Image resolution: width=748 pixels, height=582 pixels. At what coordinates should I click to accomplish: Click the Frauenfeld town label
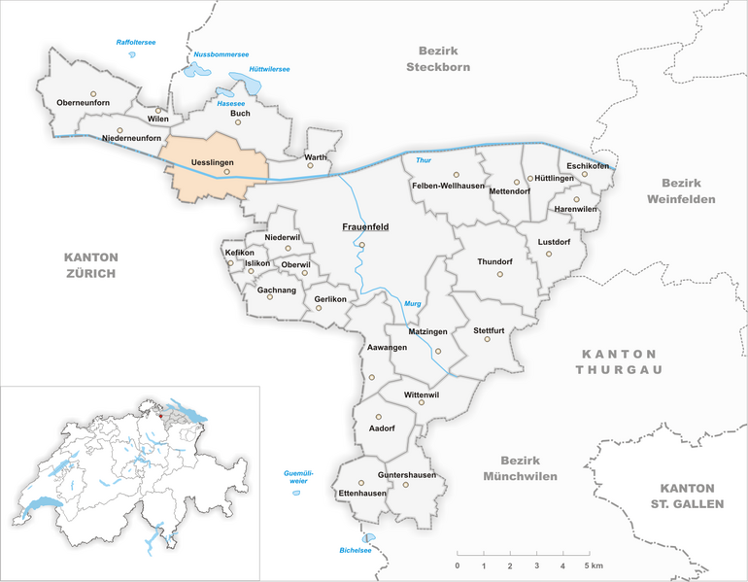(365, 227)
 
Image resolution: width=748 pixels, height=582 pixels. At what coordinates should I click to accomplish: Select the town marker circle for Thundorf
(500, 275)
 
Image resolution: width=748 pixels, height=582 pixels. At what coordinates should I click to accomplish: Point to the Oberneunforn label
(83, 103)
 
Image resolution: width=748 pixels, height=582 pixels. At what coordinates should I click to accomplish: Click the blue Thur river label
(423, 159)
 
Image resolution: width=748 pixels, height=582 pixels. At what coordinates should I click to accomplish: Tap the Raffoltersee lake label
(136, 43)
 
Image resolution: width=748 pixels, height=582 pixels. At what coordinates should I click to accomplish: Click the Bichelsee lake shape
(368, 538)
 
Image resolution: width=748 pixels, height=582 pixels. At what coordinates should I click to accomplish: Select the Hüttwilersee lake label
(270, 69)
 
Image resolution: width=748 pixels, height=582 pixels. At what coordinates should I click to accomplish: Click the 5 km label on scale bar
(594, 565)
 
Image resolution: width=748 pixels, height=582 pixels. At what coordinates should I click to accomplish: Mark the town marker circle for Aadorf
(379, 417)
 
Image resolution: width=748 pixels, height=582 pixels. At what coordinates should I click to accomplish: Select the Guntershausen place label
(407, 475)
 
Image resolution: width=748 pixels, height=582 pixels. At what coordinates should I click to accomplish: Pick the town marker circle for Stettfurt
(489, 339)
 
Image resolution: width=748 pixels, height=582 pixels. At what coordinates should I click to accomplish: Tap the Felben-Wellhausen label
(448, 186)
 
